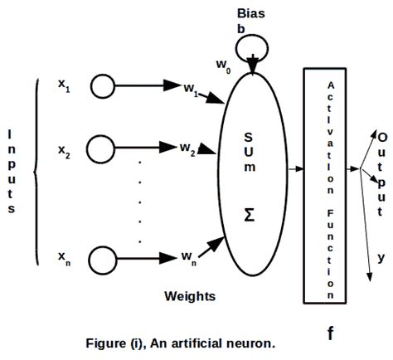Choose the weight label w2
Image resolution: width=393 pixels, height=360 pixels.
[x=187, y=150]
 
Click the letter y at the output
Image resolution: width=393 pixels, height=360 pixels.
[x=381, y=258]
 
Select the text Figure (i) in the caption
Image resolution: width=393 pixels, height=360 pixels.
[x=116, y=340]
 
